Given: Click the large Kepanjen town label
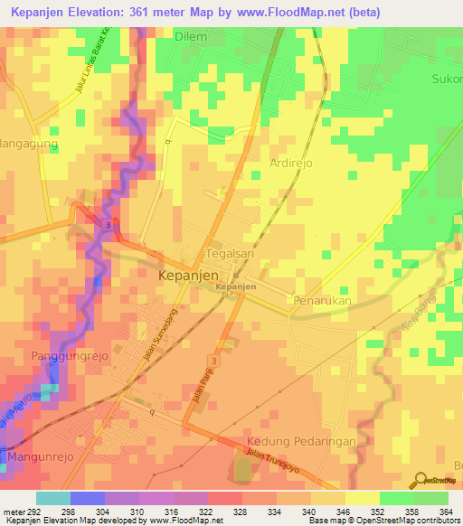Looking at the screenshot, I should [x=194, y=275].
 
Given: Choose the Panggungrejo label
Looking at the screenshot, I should [x=70, y=355].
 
